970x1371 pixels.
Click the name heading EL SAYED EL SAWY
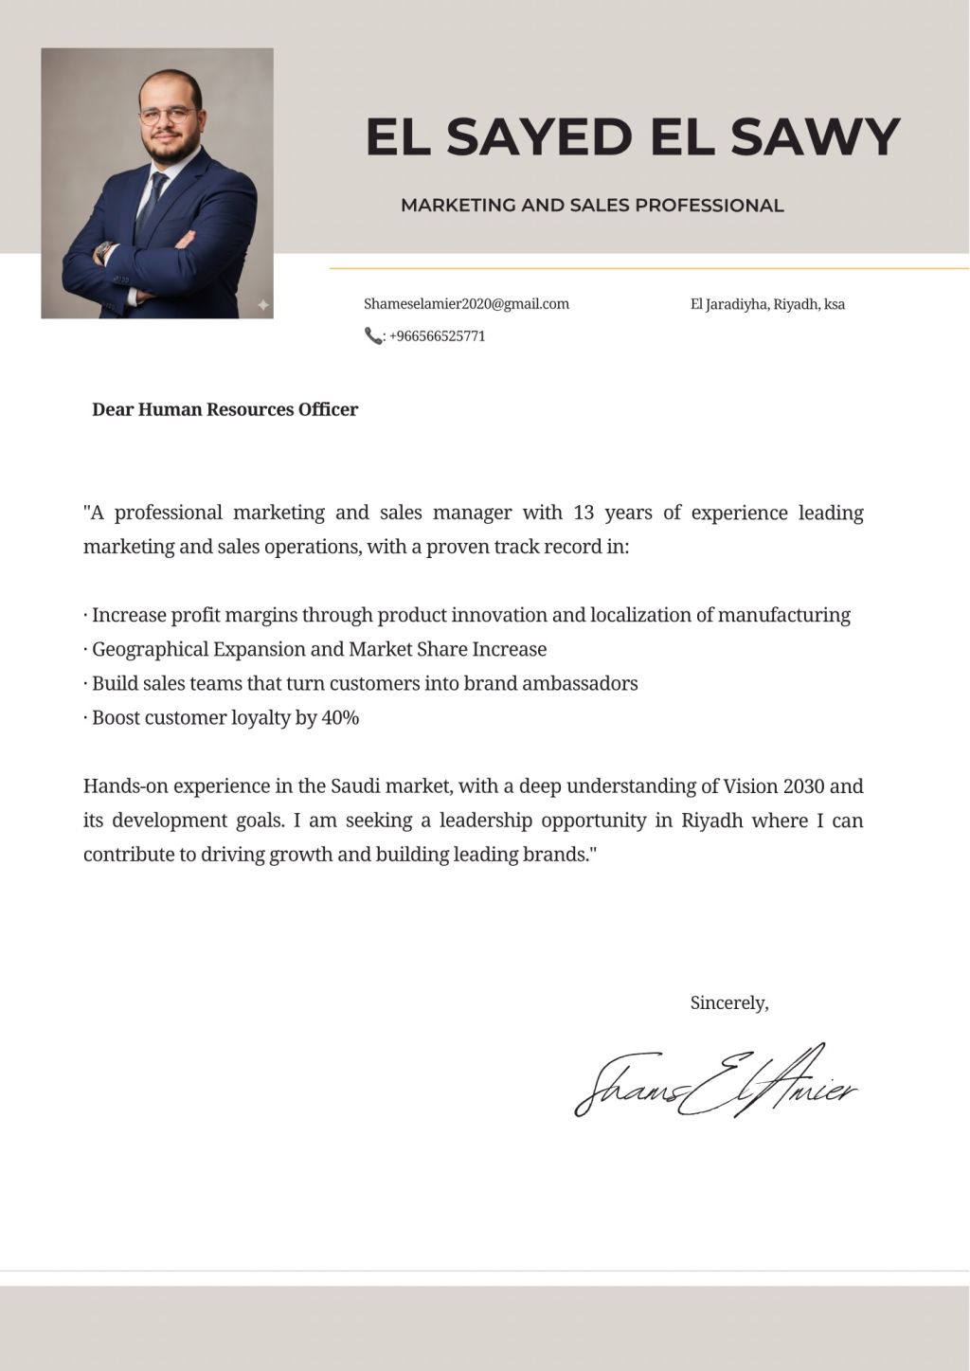632,136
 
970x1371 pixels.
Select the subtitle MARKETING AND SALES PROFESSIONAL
592,205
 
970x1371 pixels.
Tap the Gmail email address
466,304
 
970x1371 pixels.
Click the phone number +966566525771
437,336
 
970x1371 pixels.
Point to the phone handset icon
372,335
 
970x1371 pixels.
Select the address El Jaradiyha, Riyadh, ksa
767,304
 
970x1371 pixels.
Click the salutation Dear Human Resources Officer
225,410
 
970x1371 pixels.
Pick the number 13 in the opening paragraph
584,513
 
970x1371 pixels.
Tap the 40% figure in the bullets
340,718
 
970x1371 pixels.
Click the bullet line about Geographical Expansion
319,650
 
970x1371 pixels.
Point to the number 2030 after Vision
803,786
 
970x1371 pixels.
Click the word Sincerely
728,1002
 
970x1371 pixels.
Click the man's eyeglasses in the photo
168,116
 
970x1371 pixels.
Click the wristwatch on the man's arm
103,252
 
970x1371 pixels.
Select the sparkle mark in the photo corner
263,305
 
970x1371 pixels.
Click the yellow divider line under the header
649,269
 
